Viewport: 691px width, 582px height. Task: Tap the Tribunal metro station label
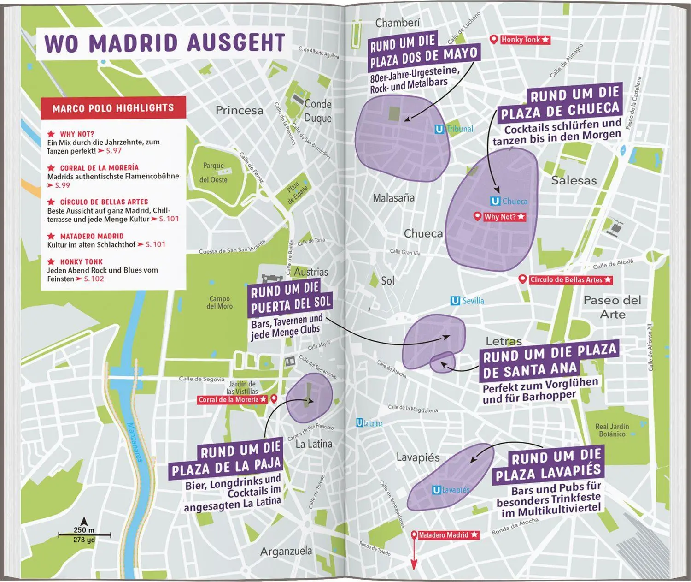pos(459,129)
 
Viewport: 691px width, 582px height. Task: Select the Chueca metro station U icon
pos(495,201)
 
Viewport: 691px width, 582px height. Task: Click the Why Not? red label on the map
pos(504,217)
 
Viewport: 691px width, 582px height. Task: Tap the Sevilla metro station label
pos(473,301)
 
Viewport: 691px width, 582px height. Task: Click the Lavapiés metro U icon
pos(436,490)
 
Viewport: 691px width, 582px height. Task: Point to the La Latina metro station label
pos(373,423)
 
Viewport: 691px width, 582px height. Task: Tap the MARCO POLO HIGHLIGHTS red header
pos(113,108)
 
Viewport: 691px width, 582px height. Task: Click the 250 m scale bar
pos(84,535)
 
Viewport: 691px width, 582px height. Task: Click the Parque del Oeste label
pos(213,172)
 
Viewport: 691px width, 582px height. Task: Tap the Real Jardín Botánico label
pos(612,430)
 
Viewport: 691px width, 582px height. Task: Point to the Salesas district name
pos(574,181)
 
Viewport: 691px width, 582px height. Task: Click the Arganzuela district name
pos(286,551)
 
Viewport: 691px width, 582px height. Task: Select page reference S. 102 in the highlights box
pos(94,279)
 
